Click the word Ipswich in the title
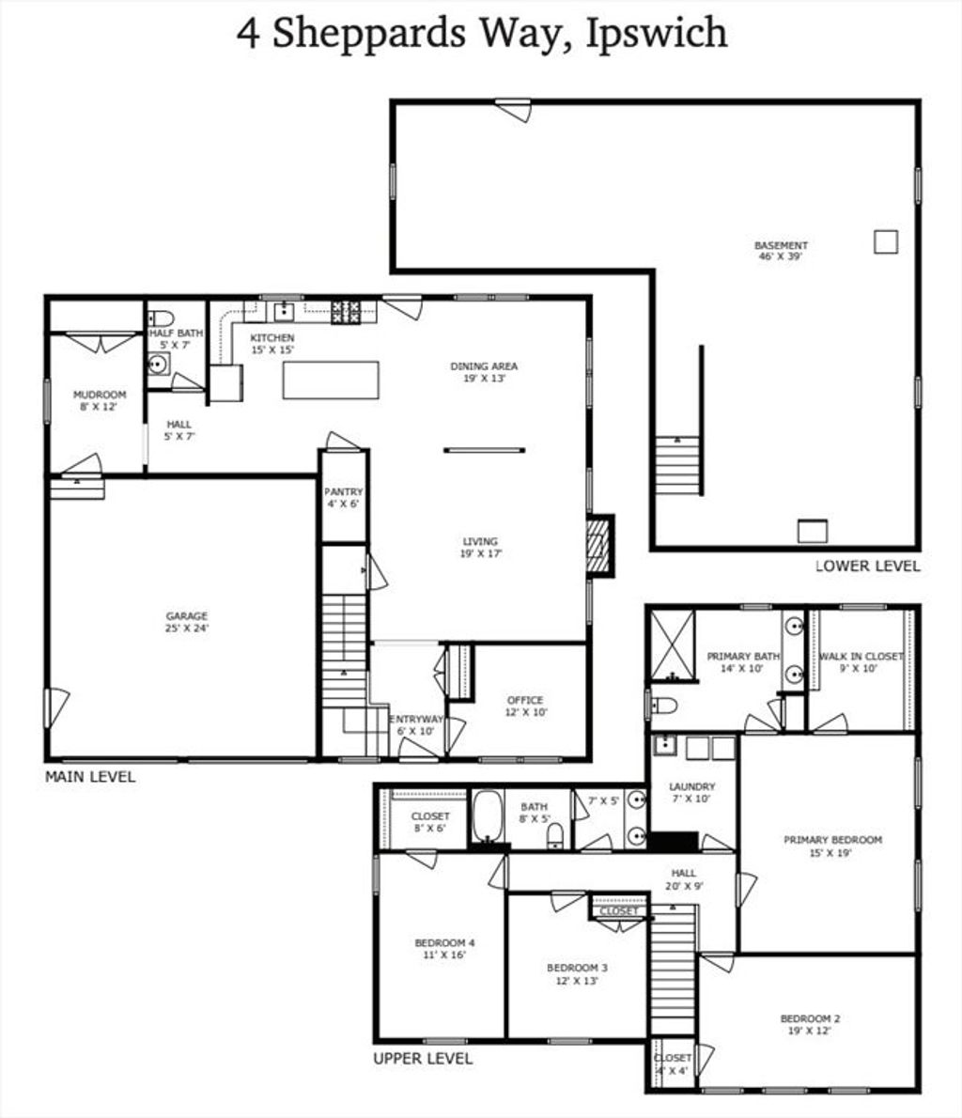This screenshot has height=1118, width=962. coord(657,34)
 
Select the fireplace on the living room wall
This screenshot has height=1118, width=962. coord(599,546)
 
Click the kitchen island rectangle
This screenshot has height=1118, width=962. coord(331,380)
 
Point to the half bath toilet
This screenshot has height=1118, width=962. coord(162,318)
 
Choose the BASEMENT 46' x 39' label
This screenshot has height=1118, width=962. coord(781,251)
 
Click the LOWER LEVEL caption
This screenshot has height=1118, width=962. coord(868,567)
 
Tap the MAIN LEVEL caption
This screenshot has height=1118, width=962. coord(90,776)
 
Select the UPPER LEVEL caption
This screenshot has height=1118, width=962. coord(423,1058)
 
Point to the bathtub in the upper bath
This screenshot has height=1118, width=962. coord(487,816)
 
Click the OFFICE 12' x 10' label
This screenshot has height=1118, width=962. coord(525,706)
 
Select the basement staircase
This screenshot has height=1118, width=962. coord(677,465)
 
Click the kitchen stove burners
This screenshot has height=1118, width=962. coord(345,312)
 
